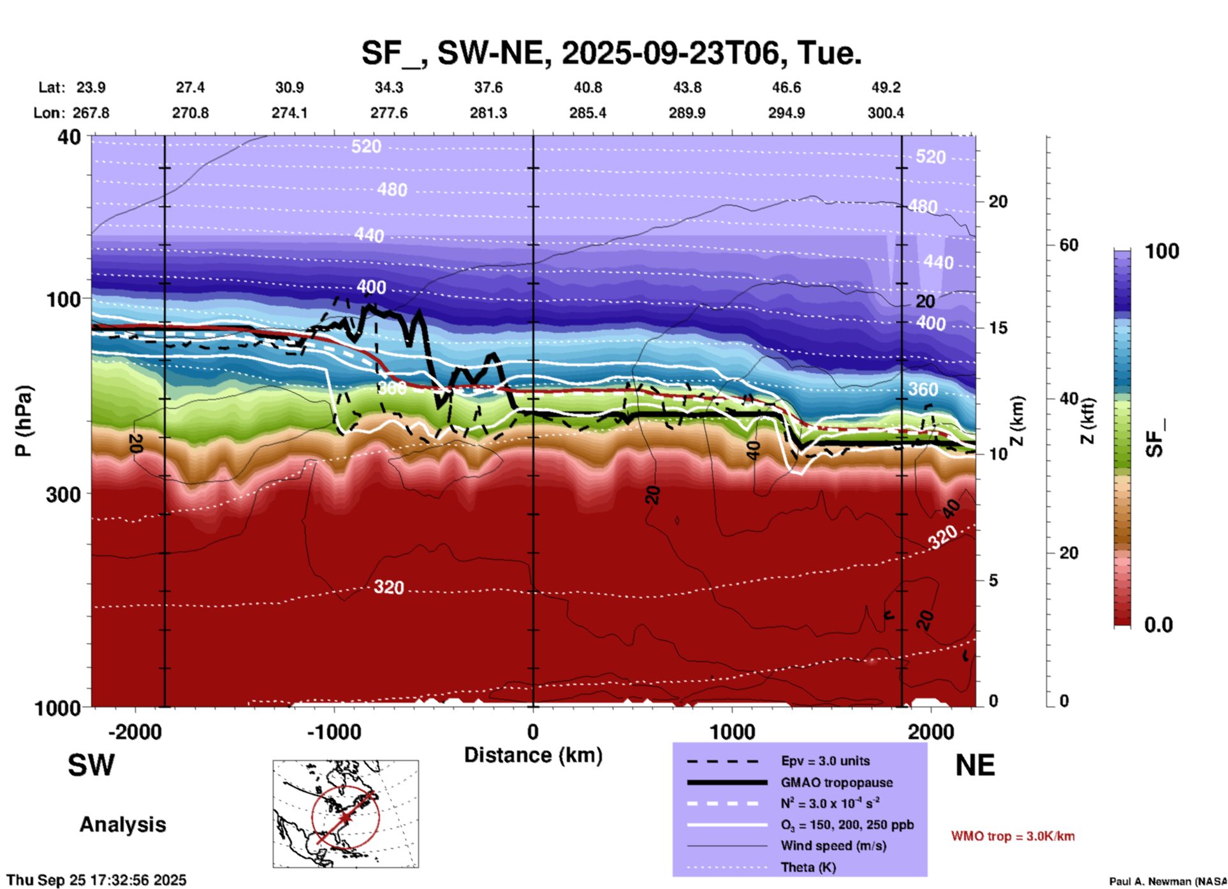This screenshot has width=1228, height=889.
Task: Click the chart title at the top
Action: point(611,53)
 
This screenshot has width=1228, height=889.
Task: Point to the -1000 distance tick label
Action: point(333,731)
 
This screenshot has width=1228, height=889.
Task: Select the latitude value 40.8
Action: point(587,87)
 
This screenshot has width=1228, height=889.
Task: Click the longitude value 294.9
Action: point(786,113)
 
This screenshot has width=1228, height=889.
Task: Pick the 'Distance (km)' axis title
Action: point(533,755)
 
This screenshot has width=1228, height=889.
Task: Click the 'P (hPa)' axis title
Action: point(24,421)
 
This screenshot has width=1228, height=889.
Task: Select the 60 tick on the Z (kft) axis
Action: point(1069,245)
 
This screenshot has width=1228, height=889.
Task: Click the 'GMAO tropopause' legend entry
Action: point(836,782)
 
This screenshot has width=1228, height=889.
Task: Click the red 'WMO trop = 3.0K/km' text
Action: point(1012,836)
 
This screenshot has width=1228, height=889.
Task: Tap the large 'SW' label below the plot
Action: point(91,765)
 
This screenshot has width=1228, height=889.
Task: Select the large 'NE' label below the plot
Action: point(974,765)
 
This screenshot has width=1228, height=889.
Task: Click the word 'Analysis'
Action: point(122,825)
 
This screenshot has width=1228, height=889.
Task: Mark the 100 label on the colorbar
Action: point(1162,251)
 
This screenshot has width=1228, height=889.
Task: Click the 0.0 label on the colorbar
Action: point(1158,625)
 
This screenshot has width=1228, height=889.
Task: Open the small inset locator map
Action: point(346,813)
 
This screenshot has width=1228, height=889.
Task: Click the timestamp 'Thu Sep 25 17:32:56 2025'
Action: point(96,880)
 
